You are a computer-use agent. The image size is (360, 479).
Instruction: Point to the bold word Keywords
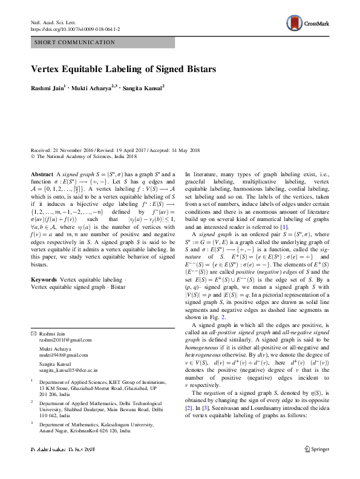point(44,280)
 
